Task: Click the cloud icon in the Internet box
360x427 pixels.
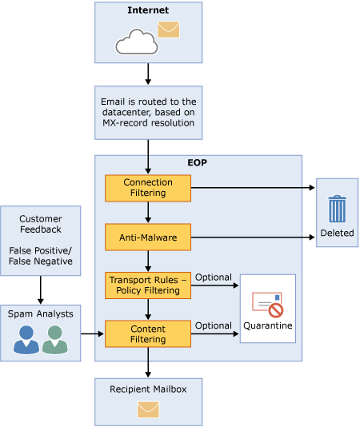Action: (x=137, y=42)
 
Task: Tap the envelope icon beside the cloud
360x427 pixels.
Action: (x=169, y=30)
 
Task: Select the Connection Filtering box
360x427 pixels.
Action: (x=148, y=188)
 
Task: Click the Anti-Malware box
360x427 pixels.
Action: (x=148, y=237)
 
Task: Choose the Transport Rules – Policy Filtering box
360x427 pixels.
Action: (x=148, y=285)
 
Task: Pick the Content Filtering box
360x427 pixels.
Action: (x=148, y=334)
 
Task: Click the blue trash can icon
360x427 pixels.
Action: (x=337, y=209)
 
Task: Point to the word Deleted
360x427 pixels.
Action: (x=337, y=233)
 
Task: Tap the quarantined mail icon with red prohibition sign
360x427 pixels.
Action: (x=268, y=305)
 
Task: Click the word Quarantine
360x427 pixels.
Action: (x=268, y=325)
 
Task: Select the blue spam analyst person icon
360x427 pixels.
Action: (x=26, y=340)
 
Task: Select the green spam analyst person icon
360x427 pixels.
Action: (x=54, y=340)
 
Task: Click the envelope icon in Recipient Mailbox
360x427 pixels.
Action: (x=148, y=409)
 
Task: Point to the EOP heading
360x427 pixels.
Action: (x=198, y=162)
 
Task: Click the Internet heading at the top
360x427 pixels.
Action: (x=148, y=10)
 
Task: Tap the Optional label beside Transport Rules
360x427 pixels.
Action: (x=214, y=277)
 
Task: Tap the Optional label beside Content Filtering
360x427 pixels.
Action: (x=214, y=325)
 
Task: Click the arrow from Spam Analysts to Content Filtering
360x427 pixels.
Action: (x=92, y=334)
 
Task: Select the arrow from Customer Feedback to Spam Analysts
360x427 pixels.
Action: (x=41, y=290)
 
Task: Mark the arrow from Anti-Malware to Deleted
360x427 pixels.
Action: (x=253, y=237)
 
